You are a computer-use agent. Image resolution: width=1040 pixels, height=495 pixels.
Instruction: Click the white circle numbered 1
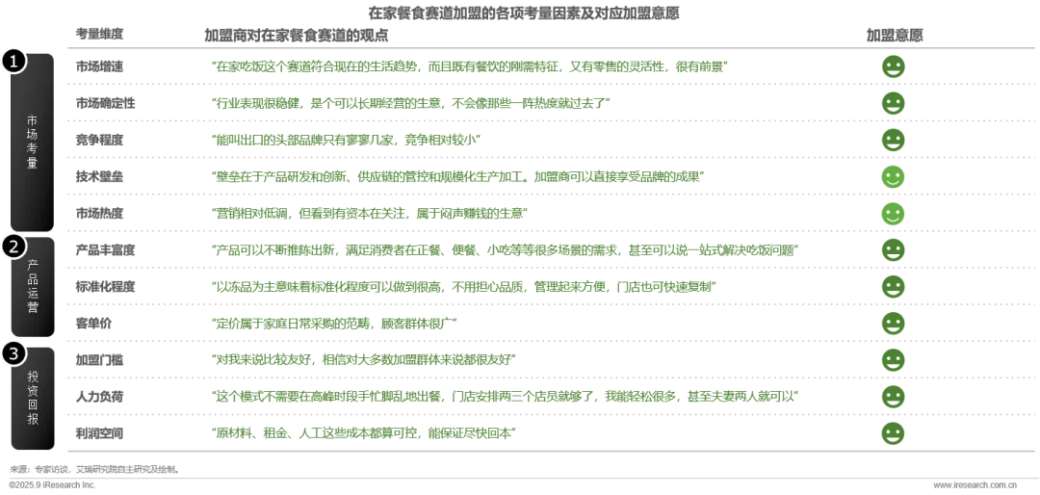(13, 61)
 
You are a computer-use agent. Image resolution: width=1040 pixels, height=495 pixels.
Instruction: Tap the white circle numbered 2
(13, 246)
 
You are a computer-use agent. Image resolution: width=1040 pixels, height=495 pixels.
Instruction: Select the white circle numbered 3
(13, 353)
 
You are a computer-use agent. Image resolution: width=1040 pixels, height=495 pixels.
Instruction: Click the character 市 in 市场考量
(33, 120)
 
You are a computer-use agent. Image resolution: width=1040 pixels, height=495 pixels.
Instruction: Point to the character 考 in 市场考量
(33, 149)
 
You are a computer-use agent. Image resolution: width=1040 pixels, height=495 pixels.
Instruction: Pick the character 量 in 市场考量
(33, 164)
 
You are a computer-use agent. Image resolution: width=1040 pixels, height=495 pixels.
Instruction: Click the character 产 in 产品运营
(33, 265)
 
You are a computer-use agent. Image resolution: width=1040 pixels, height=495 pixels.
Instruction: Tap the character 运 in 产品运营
(33, 293)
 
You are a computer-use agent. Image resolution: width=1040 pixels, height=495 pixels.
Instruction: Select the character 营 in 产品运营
(33, 307)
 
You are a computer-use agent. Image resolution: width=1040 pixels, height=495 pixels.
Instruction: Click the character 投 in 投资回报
(33, 377)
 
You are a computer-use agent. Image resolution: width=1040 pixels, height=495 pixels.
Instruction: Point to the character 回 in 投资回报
(33, 404)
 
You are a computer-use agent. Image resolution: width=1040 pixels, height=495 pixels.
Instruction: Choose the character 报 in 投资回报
(33, 419)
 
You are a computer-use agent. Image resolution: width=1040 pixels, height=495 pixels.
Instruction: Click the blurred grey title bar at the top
(523, 11)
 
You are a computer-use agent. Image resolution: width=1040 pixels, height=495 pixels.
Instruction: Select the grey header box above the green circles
(893, 35)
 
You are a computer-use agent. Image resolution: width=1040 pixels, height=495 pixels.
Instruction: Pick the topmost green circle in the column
(893, 66)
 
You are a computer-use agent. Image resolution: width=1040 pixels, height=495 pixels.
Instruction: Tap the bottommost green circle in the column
(893, 433)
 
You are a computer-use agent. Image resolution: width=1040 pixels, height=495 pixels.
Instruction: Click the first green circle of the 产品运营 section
(893, 249)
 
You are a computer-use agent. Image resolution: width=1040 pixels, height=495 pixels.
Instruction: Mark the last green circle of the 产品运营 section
(893, 324)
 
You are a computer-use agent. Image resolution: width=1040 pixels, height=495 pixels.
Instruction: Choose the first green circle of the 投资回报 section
(893, 359)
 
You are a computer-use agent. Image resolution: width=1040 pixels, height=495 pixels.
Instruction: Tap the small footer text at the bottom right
(974, 485)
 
